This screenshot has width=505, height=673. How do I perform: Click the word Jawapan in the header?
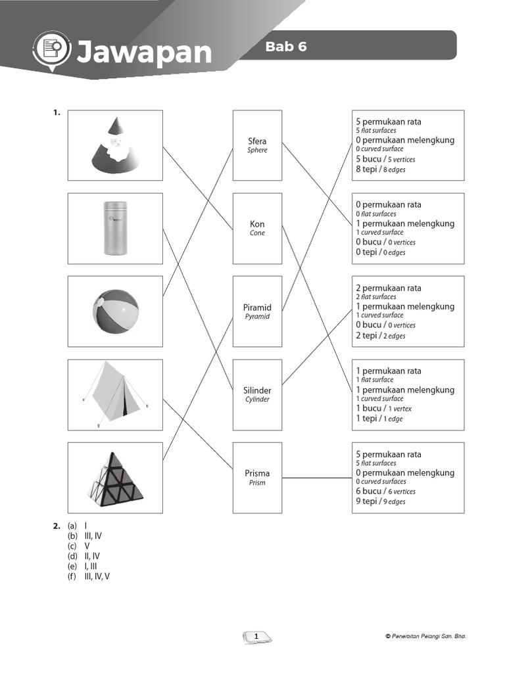144,52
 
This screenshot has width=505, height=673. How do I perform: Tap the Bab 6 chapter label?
286,47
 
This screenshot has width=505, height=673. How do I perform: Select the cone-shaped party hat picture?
115,145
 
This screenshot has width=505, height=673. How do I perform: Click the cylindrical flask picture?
115,227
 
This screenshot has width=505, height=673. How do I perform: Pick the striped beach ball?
116,312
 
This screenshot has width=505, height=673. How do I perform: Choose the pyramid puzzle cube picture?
115,478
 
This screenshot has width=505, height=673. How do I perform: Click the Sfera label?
257,141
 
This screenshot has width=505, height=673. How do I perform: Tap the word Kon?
257,224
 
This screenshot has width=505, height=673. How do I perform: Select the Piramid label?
257,308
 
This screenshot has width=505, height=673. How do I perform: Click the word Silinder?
257,390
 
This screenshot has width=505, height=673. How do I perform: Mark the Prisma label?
257,473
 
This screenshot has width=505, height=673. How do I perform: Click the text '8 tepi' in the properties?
367,169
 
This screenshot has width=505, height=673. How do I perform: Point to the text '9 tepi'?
367,501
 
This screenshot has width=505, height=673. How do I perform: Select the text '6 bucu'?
368,491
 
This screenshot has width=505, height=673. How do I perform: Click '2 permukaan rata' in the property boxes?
389,288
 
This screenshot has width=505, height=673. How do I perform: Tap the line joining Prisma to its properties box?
317,478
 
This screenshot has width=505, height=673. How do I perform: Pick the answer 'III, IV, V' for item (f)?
97,576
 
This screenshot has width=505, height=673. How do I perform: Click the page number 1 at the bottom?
256,636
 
